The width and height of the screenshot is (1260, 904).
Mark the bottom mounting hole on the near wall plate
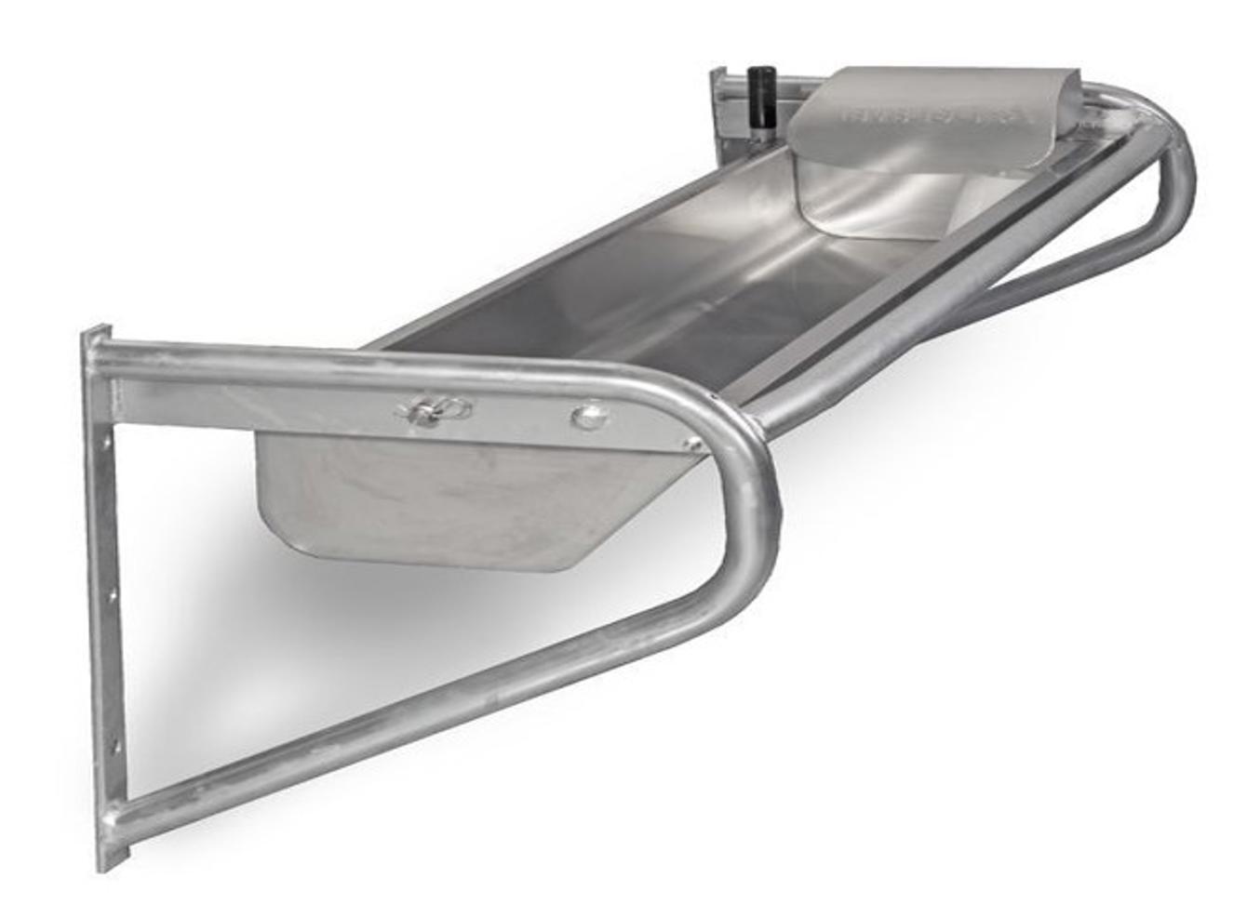pyautogui.click(x=115, y=744)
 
